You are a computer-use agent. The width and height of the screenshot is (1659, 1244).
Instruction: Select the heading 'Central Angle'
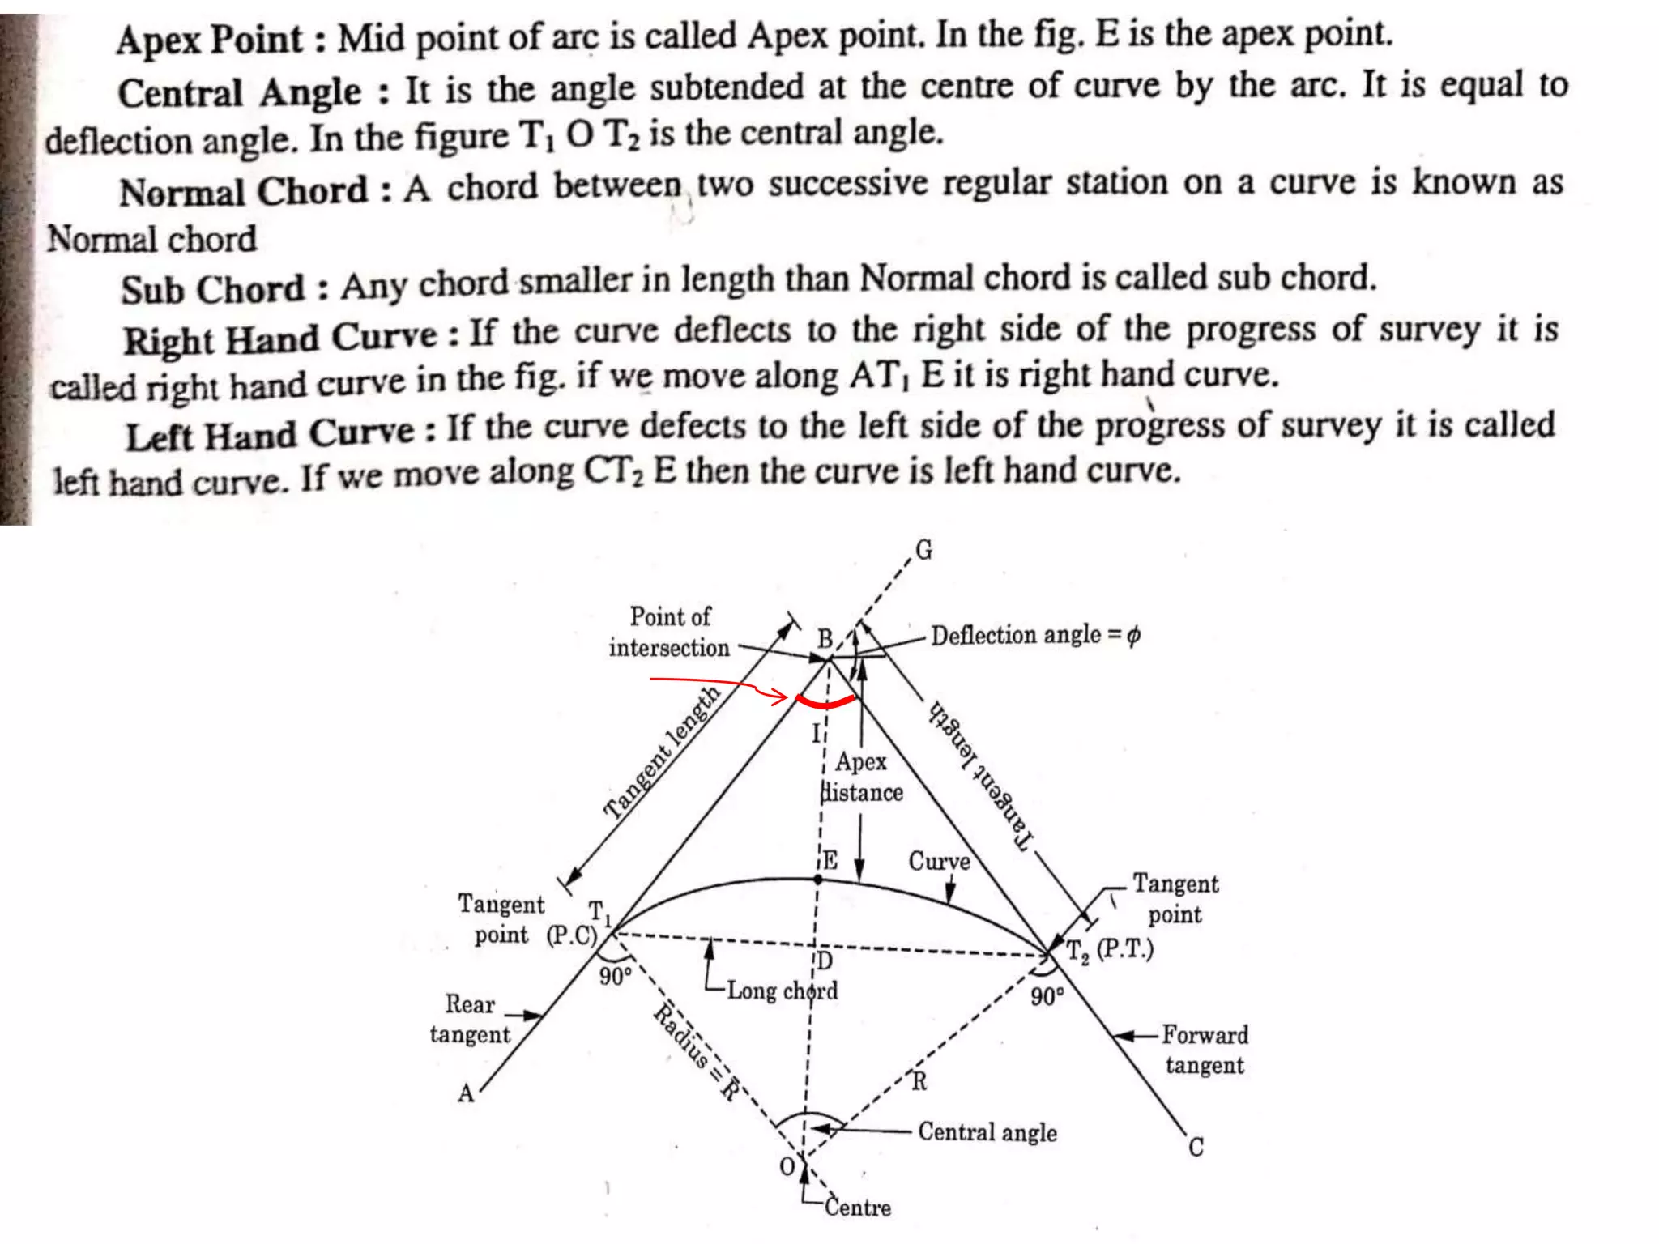point(241,92)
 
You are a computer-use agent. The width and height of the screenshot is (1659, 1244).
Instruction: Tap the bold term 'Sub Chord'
point(213,289)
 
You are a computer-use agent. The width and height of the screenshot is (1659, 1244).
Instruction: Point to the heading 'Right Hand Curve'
point(280,339)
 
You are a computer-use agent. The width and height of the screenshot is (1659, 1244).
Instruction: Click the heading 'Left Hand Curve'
point(270,435)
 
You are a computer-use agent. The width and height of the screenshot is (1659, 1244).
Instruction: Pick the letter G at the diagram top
point(924,551)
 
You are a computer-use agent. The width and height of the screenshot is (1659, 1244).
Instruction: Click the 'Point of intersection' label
point(670,632)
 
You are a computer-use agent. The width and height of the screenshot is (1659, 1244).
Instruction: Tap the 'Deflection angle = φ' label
point(1035,635)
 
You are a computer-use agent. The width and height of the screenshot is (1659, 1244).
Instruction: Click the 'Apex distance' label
point(861,777)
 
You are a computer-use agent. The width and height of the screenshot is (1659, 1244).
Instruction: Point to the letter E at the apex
point(830,860)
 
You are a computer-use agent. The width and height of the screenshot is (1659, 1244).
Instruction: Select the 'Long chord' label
point(782,991)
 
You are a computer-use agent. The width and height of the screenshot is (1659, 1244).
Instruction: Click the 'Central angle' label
point(987,1132)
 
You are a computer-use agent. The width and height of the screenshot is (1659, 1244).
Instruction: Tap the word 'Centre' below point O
point(858,1208)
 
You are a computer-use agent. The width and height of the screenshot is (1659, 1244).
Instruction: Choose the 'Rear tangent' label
point(470,1019)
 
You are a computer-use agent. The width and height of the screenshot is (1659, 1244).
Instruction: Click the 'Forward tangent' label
point(1205,1050)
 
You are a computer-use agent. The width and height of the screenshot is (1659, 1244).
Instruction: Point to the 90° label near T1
point(615,977)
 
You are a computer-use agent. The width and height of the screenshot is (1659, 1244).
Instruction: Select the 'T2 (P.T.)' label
point(1109,950)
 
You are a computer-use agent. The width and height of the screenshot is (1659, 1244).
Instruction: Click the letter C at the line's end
point(1196,1148)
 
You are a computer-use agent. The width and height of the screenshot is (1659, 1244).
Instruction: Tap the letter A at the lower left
point(466,1094)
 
